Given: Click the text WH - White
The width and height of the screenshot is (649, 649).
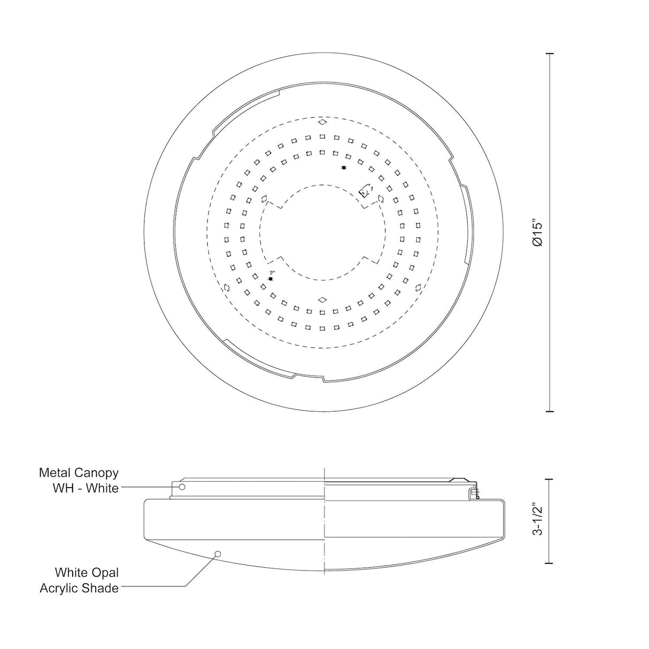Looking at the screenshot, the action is [86, 488].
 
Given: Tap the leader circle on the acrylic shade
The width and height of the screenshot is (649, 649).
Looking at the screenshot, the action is [218, 554].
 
